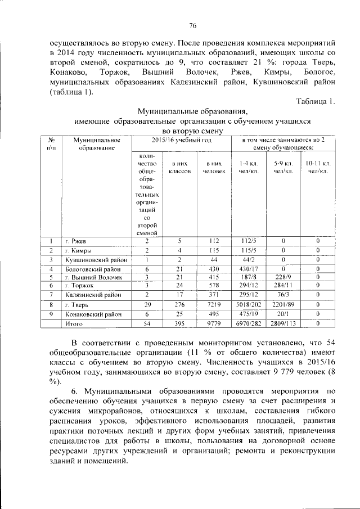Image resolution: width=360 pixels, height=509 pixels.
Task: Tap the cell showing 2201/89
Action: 283,304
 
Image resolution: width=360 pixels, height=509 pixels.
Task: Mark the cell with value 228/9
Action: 283,277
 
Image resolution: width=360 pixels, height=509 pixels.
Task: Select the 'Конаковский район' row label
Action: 92,314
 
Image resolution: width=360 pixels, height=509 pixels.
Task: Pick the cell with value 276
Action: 179,304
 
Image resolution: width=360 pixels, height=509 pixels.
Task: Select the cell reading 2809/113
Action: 283,324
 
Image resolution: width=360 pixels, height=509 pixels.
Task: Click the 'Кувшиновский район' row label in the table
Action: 94,260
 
